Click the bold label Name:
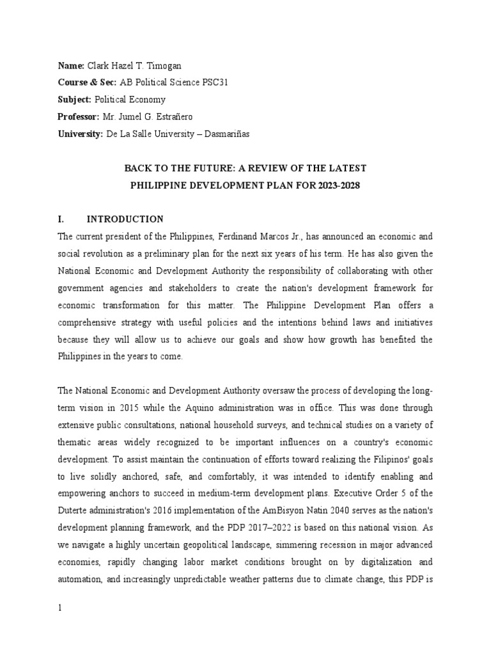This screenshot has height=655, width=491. tap(70, 66)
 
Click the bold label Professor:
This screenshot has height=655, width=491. tap(79, 116)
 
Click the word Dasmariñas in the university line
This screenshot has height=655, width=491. tap(228, 132)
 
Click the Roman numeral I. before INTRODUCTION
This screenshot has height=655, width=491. tap(61, 219)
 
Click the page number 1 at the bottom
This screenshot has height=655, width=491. tap(59, 608)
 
